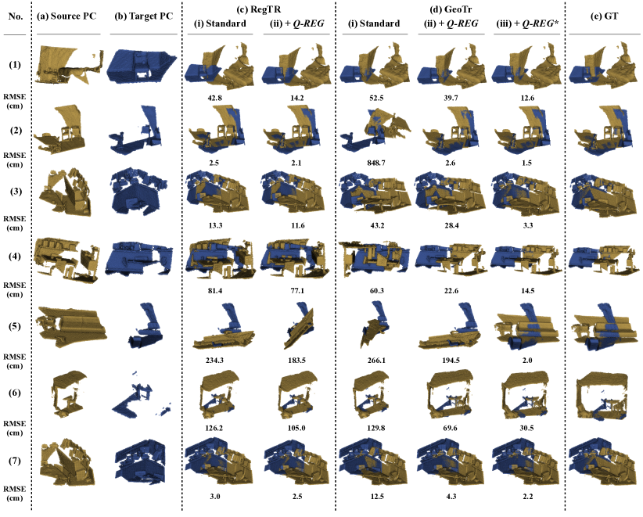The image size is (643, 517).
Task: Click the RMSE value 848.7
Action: click(x=376, y=163)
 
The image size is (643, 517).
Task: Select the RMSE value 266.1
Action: click(x=376, y=361)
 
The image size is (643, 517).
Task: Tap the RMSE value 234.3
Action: click(x=214, y=361)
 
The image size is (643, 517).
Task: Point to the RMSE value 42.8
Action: click(x=215, y=98)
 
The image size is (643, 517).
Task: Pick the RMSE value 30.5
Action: click(x=527, y=428)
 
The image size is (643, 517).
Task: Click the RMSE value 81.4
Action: click(x=215, y=291)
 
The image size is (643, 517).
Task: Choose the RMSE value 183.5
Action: click(x=296, y=361)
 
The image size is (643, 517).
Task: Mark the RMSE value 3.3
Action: click(x=528, y=225)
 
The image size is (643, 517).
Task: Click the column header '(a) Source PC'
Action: click(x=66, y=16)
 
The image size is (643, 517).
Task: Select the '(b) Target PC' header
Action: click(x=143, y=16)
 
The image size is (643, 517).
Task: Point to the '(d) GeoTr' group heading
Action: click(x=450, y=9)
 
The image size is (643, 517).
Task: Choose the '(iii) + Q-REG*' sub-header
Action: click(x=526, y=23)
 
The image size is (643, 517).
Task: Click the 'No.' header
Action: click(x=16, y=16)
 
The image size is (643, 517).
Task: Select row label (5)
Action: click(x=15, y=327)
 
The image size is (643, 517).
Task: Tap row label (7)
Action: click(x=15, y=461)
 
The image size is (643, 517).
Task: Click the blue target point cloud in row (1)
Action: click(x=142, y=66)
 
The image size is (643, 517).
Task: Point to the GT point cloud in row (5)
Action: click(x=604, y=327)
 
